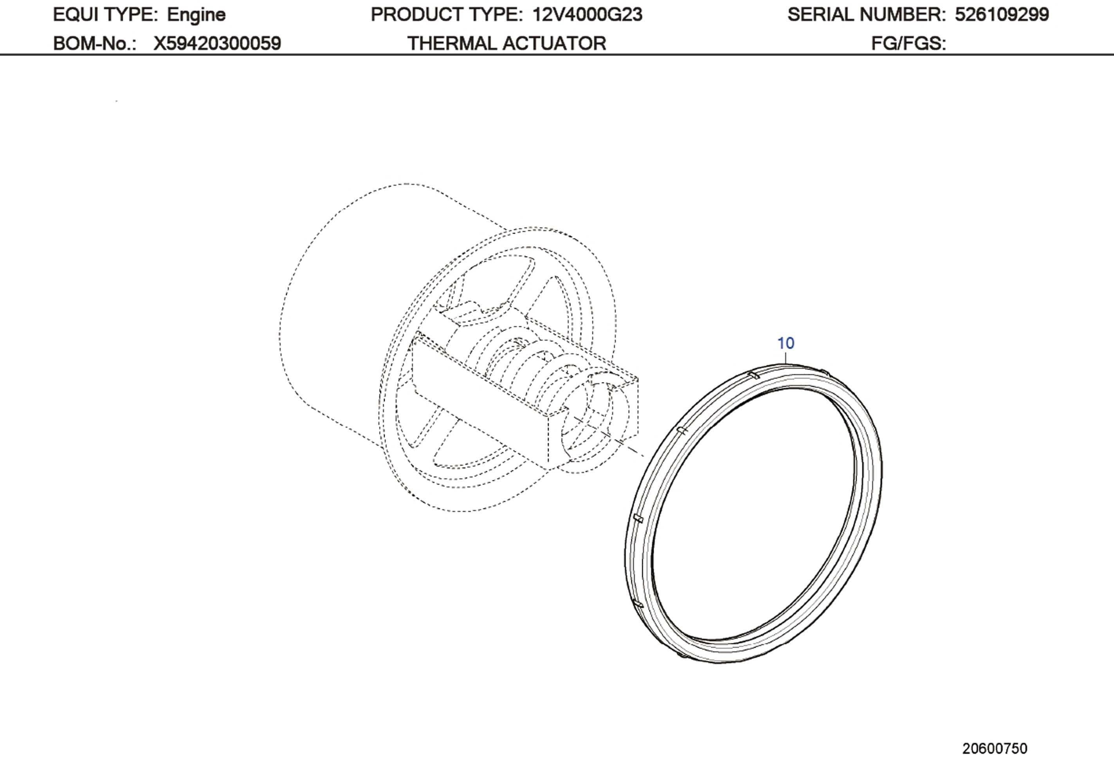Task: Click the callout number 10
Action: click(786, 343)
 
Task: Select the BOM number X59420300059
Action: click(217, 44)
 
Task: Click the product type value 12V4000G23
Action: click(587, 14)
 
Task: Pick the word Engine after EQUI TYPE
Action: click(196, 14)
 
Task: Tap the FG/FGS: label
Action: click(908, 44)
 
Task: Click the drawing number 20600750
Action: click(995, 748)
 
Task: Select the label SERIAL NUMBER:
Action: click(867, 14)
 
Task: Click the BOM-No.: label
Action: click(95, 44)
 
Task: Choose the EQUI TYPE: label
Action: click(105, 14)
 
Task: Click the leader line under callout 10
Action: click(786, 358)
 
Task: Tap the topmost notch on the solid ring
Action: click(753, 375)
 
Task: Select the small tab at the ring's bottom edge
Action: click(681, 655)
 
